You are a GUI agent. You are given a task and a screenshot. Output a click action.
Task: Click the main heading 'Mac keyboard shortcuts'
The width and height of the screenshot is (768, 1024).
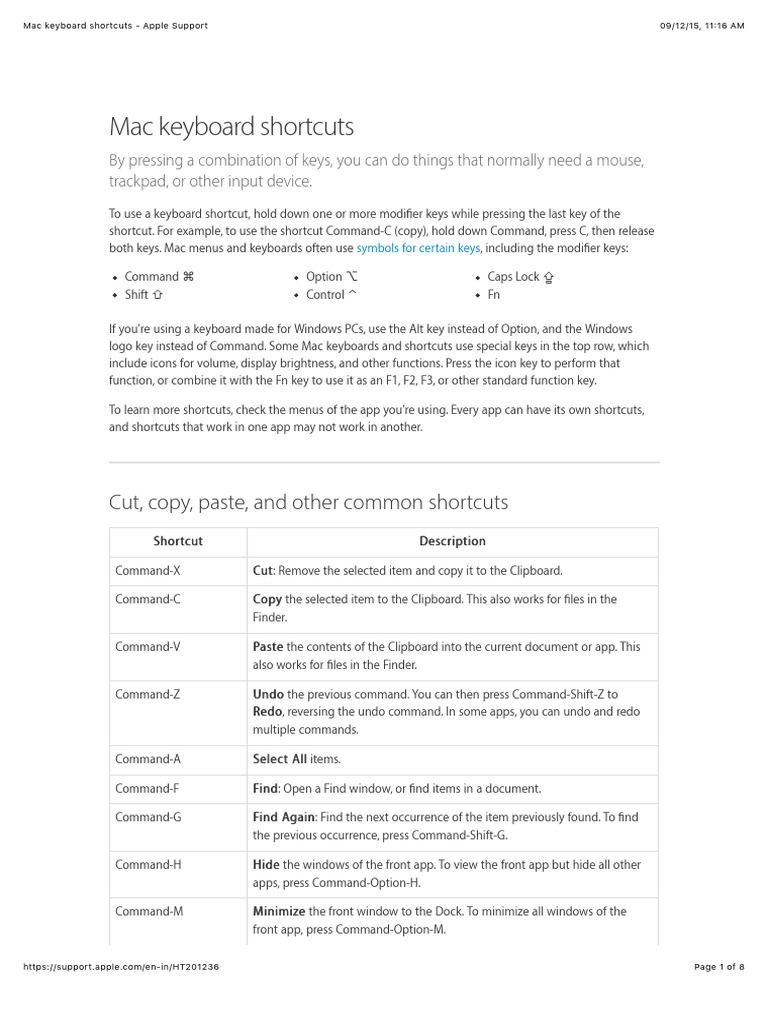[231, 127]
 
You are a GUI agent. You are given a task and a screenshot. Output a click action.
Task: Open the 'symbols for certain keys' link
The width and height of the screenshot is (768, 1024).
[418, 248]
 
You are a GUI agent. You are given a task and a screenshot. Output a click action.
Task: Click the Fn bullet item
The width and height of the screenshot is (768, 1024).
[494, 295]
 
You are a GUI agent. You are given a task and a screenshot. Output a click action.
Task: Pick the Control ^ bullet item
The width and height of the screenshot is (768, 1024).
[331, 295]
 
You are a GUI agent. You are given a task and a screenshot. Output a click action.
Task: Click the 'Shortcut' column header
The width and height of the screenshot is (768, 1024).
[178, 541]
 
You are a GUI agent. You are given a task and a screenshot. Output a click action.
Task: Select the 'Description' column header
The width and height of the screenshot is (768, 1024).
[452, 541]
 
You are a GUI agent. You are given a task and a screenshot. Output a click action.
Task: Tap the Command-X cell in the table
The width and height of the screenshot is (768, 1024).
[148, 571]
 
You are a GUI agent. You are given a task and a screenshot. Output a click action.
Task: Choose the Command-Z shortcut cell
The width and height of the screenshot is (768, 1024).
[148, 694]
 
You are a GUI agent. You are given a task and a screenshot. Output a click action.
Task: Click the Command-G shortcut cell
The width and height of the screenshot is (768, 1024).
[148, 817]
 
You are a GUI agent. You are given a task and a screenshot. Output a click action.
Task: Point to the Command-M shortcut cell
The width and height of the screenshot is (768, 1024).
[149, 911]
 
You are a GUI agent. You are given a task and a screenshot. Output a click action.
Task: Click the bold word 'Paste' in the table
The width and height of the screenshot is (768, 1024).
[268, 647]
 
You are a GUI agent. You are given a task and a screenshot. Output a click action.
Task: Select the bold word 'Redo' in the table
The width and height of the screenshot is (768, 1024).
[268, 712]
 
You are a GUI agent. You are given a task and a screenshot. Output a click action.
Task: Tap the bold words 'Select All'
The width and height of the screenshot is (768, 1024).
[280, 759]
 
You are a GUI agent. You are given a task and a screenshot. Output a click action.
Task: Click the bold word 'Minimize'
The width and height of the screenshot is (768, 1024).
[279, 911]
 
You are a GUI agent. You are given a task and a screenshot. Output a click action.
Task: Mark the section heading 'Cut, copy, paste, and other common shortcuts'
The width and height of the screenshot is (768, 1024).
[308, 502]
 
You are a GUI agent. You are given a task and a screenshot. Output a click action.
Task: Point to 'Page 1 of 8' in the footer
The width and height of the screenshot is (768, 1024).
[719, 967]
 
